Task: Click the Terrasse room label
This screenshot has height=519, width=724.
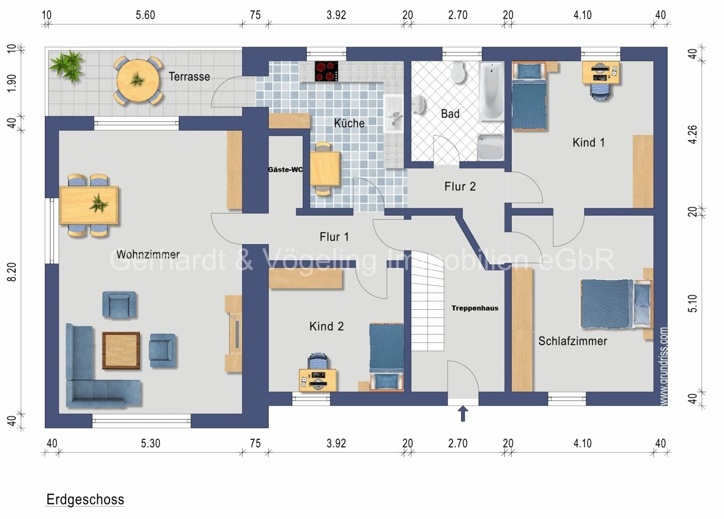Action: click(189, 76)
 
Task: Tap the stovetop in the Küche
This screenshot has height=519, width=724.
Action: click(326, 71)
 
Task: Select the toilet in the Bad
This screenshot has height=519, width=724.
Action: click(458, 72)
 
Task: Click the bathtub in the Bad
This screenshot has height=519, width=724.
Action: click(491, 91)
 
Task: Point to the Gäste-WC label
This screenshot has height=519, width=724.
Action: click(286, 170)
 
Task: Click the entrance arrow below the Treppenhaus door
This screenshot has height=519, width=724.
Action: click(463, 414)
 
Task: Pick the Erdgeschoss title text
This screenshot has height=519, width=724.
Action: click(86, 499)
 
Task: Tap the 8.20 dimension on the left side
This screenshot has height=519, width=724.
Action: click(12, 272)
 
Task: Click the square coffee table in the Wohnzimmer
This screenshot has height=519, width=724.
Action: click(121, 350)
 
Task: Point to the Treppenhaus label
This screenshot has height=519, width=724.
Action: click(475, 308)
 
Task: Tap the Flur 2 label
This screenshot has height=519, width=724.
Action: click(460, 186)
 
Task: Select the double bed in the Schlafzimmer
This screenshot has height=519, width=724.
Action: click(616, 304)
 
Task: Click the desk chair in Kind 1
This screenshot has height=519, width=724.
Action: click(600, 92)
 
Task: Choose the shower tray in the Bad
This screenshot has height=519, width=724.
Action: click(491, 147)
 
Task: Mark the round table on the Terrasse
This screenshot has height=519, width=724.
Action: click(138, 80)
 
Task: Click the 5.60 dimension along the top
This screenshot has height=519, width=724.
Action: click(145, 15)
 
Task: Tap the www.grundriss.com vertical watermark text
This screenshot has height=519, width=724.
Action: click(663, 366)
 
